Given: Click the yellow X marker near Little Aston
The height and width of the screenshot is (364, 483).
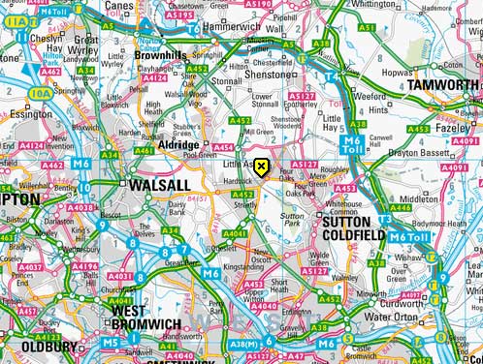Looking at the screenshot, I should (x=261, y=167).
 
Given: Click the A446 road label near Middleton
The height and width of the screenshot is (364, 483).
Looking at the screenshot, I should (x=399, y=207).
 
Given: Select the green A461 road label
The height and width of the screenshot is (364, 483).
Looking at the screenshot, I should (x=145, y=150).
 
